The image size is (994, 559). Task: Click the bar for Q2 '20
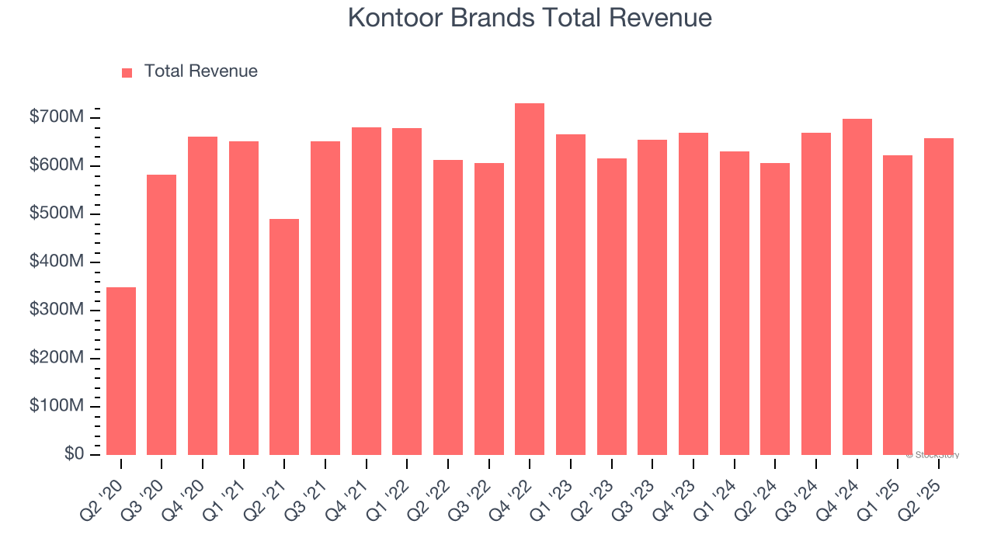tap(121, 371)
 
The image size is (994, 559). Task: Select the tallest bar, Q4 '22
tap(530, 279)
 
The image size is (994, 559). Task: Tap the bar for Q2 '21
tap(284, 337)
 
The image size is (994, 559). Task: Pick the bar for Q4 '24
tap(857, 287)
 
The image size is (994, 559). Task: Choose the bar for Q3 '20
tap(162, 314)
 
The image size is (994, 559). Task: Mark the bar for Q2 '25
tap(938, 297)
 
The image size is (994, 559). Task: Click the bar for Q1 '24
tap(734, 303)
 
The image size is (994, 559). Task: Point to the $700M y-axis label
tap(57, 118)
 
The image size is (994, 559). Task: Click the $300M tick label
tap(57, 310)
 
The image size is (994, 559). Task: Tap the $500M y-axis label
tap(57, 214)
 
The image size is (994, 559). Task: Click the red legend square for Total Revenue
tap(127, 72)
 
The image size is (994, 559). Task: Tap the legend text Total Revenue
tap(200, 71)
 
